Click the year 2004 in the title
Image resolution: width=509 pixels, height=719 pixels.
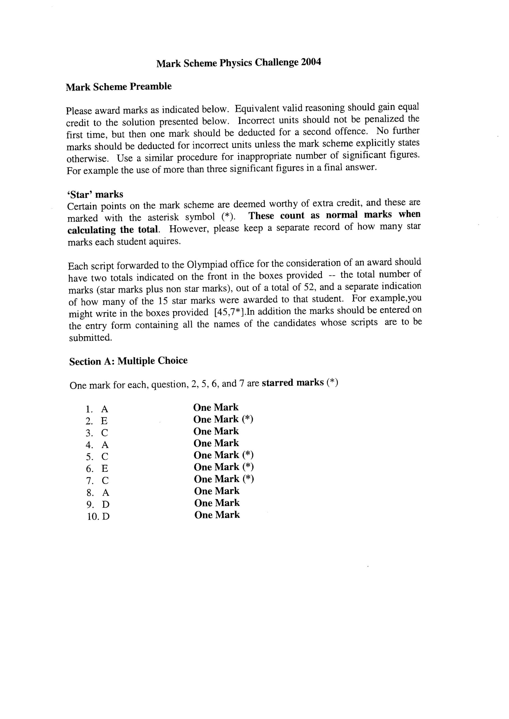click(x=311, y=62)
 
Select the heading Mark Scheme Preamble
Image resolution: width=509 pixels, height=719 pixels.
click(x=119, y=87)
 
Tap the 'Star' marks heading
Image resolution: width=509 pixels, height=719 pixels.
click(x=95, y=194)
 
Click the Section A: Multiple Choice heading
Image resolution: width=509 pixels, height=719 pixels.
click(x=128, y=361)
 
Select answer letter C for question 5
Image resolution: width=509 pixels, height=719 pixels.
click(x=105, y=457)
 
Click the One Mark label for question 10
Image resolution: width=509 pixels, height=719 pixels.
click(x=217, y=515)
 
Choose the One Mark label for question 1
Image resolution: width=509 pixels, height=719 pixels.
click(x=216, y=408)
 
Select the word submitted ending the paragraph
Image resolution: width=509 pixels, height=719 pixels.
click(x=90, y=338)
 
